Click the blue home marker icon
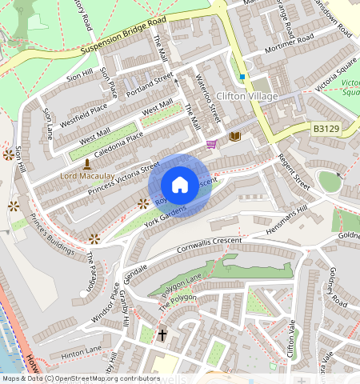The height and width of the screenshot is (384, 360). [x=180, y=184]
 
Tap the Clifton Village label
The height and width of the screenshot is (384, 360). [x=247, y=97]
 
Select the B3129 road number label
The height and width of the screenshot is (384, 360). [x=326, y=127]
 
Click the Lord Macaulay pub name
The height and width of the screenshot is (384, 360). [x=85, y=174]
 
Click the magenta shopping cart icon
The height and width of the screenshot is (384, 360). [x=211, y=144]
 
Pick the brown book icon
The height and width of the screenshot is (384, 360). [x=234, y=137]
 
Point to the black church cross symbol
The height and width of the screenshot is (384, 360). [x=162, y=334]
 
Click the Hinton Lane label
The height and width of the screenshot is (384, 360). [x=81, y=350]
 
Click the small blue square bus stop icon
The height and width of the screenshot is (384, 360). [x=242, y=77]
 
